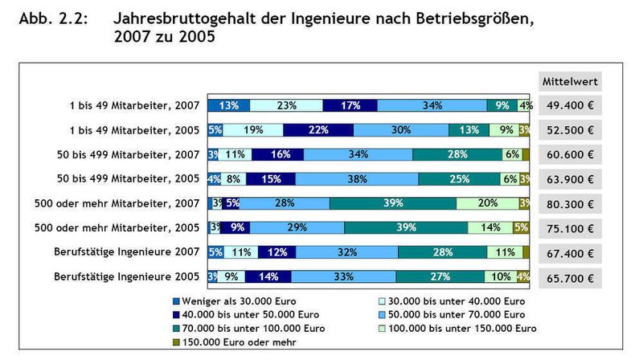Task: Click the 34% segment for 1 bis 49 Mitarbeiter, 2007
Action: tap(432, 104)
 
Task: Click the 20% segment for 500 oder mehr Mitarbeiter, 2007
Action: tap(488, 203)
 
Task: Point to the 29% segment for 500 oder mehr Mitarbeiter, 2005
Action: tap(297, 228)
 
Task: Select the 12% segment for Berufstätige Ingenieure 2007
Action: tap(278, 252)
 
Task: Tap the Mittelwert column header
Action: tap(568, 81)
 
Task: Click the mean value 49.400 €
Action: tap(568, 105)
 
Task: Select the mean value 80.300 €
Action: tap(568, 203)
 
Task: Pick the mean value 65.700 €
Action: tap(568, 277)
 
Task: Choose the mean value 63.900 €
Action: tap(568, 179)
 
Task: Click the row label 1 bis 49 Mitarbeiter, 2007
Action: tap(134, 105)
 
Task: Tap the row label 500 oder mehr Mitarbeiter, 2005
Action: tap(120, 228)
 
